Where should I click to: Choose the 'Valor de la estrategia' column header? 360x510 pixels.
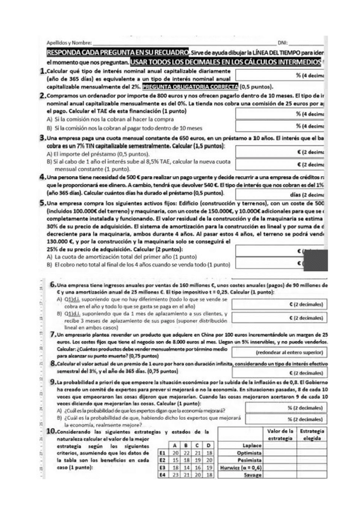pos(279,434)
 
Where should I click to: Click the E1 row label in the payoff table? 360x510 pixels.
pos(162,452)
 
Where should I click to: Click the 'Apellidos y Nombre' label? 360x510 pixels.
pos(69,43)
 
